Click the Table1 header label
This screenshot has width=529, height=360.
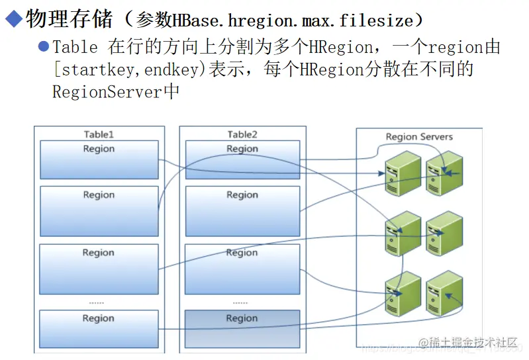point(99,134)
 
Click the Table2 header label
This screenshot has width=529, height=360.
point(242,134)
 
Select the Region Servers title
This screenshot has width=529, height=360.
point(419,136)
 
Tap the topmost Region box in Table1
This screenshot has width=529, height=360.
point(99,159)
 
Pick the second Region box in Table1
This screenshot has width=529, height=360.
point(99,210)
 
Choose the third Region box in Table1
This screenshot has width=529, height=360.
point(99,269)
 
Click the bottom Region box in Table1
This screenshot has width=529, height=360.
point(99,327)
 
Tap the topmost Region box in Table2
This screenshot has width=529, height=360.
point(242,159)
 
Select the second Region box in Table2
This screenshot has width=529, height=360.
point(242,210)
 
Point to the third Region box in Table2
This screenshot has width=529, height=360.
point(242,269)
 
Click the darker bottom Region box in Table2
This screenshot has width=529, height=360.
point(242,327)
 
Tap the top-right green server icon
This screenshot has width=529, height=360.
point(444,172)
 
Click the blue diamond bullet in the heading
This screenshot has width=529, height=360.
point(13,20)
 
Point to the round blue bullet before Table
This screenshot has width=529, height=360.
point(44,47)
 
